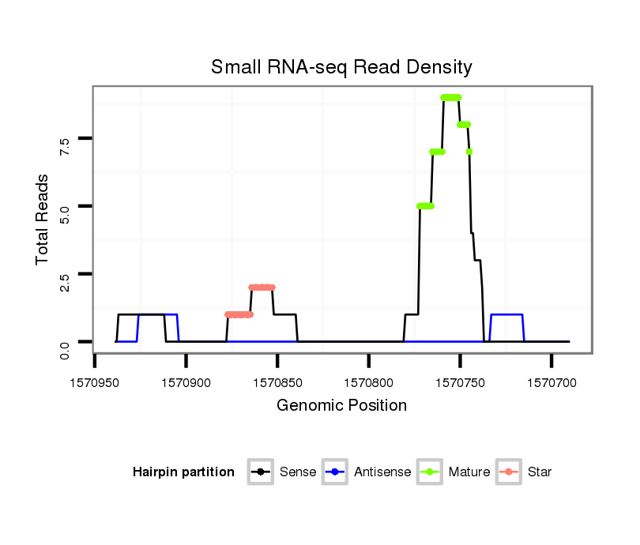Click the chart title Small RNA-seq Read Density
341,67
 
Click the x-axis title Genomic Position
341,406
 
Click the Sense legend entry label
298,472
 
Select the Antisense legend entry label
383,472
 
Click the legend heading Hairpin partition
183,472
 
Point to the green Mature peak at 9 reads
450,97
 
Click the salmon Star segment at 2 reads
262,288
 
